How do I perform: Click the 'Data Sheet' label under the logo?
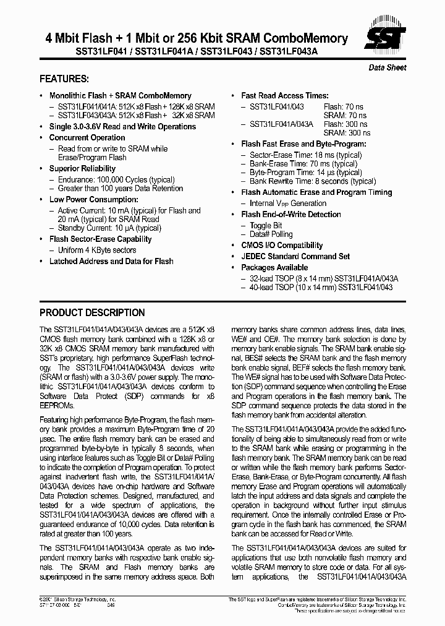[388, 67]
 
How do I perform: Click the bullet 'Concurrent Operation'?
[87, 137]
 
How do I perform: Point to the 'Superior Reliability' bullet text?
[82, 168]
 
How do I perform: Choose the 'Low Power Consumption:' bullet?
[93, 199]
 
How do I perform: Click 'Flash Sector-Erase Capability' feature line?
[100, 239]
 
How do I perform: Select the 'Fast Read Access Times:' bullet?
[285, 96]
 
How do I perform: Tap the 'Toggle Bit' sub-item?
[266, 225]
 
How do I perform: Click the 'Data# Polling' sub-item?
[271, 234]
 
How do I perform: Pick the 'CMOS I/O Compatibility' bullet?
[282, 245]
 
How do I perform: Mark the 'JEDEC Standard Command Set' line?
[295, 256]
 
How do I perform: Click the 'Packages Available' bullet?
[274, 267]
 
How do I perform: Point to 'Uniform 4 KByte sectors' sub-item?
[97, 250]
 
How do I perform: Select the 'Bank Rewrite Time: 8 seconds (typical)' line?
[313, 181]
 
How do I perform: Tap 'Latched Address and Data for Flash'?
[111, 261]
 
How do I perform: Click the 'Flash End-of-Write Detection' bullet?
[291, 214]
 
